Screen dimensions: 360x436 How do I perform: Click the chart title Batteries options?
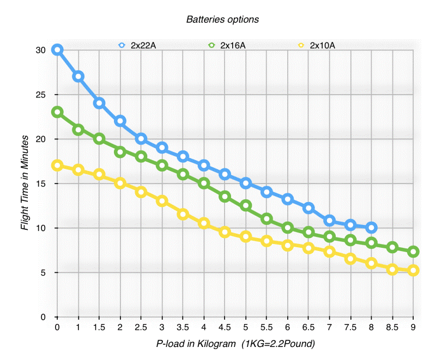222,19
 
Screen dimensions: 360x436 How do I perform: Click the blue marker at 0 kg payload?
57,50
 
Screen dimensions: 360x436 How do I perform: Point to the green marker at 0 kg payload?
57,112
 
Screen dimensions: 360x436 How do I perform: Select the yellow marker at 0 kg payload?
57,166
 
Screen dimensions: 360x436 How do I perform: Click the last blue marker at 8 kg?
371,228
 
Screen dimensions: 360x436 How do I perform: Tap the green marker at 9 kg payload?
413,252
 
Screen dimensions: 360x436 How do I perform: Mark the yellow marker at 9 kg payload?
413,270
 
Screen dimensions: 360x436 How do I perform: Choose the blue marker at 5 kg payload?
246,183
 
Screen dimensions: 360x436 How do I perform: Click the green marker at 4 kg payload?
204,183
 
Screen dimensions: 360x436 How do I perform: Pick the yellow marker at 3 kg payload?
162,201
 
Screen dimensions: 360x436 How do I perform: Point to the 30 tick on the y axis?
40,50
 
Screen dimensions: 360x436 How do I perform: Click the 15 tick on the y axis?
40,184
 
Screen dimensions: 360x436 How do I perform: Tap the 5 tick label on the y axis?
43,272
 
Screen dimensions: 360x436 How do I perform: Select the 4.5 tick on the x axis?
225,327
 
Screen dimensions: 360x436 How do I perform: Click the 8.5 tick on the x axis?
392,327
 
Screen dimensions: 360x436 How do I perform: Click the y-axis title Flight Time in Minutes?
25,184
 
